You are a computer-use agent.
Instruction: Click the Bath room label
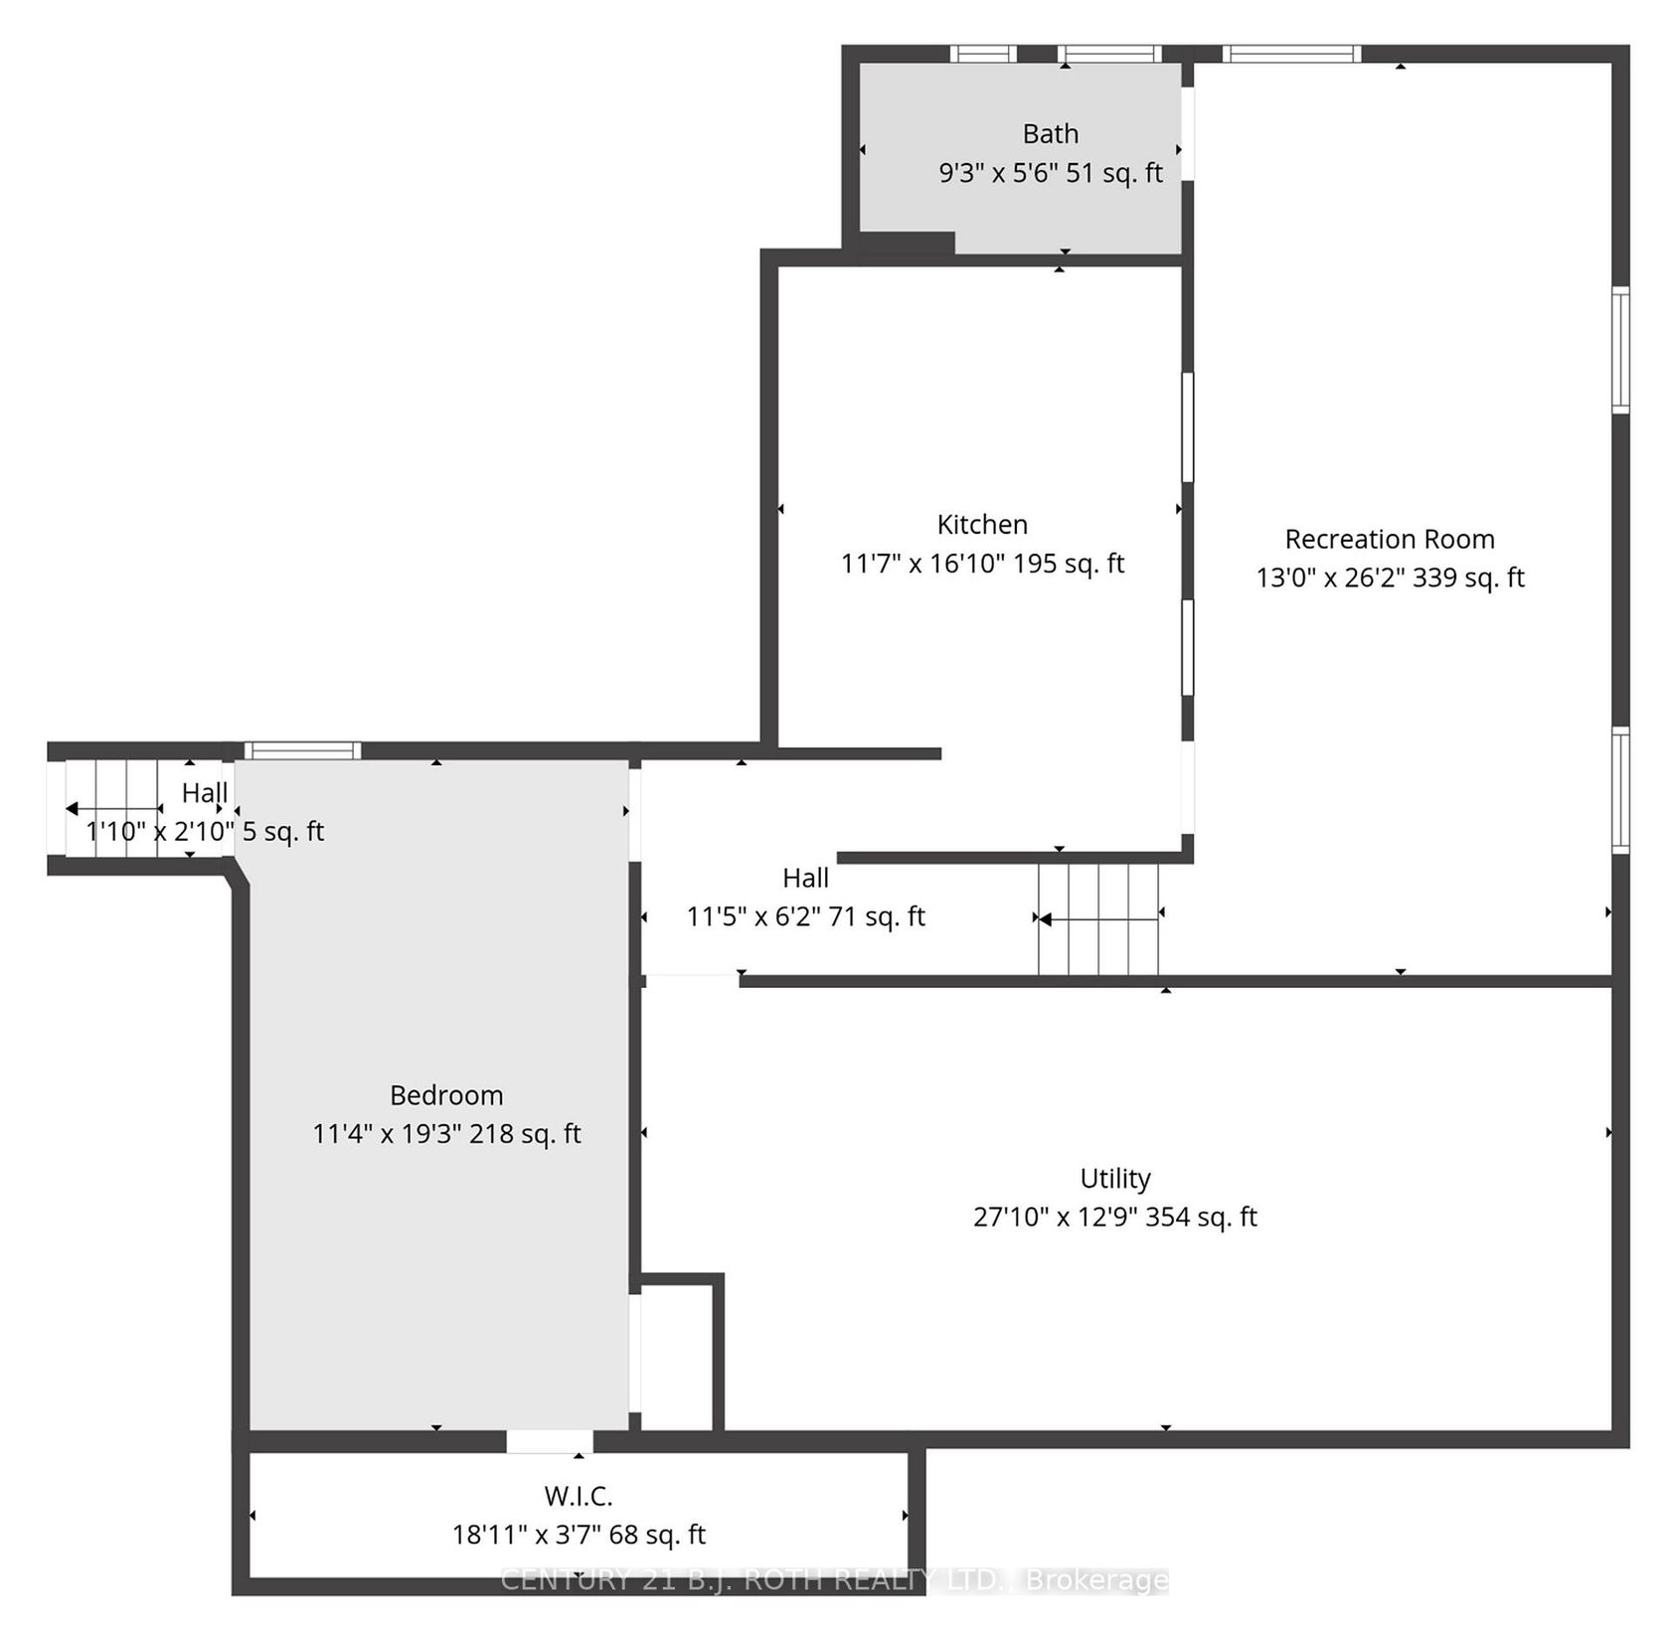(x=1051, y=133)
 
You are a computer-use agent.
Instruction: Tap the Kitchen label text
(x=982, y=524)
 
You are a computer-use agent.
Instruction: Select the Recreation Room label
(x=1390, y=539)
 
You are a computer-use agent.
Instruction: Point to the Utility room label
(x=1115, y=1179)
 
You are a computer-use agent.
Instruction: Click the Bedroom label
(x=446, y=1095)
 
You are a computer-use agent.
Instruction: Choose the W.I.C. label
(x=579, y=1496)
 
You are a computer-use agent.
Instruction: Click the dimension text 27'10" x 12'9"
(x=1055, y=1217)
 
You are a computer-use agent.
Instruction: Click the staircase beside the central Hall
(x=1098, y=919)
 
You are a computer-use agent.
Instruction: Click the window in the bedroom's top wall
(x=302, y=750)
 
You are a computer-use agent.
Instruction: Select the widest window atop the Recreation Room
(x=1290, y=54)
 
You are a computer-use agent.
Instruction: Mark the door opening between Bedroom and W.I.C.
(x=550, y=1441)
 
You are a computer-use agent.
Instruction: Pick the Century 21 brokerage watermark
(x=835, y=1579)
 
